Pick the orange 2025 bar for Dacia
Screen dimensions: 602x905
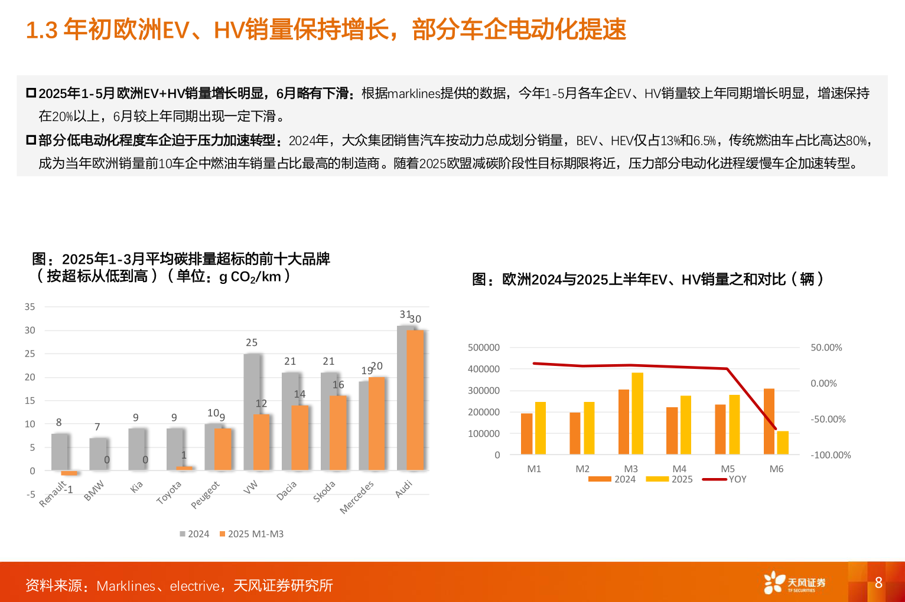[x=300, y=438]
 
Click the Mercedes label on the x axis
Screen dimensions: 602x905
[x=357, y=497]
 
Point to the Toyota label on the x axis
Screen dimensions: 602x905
[x=169, y=492]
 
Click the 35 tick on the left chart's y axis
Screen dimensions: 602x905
[x=30, y=307]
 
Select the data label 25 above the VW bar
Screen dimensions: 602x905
[x=252, y=342]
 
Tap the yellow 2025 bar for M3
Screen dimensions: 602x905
[x=637, y=413]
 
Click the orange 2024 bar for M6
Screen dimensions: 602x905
[x=769, y=421]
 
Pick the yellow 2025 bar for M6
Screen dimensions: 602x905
[x=783, y=443]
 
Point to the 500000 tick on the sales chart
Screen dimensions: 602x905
[x=483, y=348]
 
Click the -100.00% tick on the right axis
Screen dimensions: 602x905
[x=831, y=455]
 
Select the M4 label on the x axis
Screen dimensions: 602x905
[x=679, y=469]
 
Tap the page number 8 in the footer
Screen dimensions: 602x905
[x=878, y=583]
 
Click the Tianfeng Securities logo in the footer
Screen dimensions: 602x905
[x=794, y=583]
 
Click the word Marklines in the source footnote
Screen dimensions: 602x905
[x=126, y=586]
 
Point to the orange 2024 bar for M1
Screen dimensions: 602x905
[x=526, y=434]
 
